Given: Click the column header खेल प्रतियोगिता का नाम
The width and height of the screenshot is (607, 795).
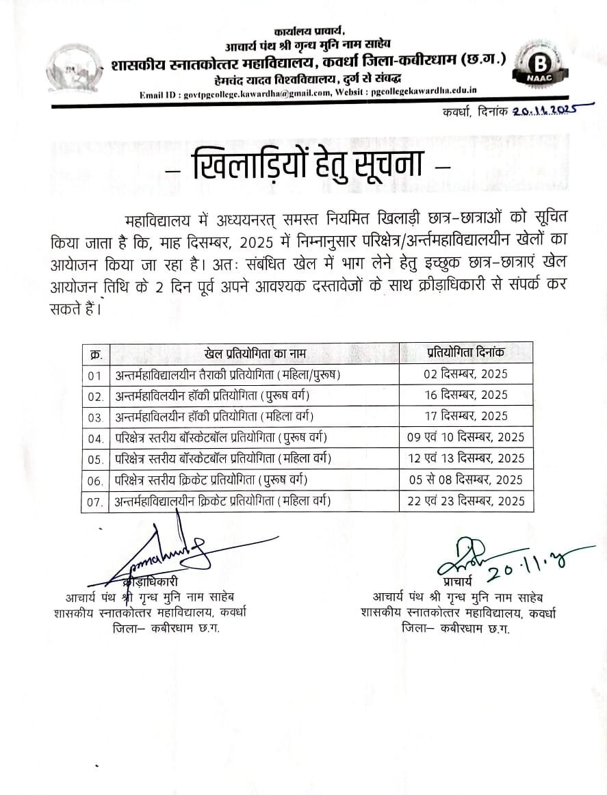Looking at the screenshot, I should pos(255,353).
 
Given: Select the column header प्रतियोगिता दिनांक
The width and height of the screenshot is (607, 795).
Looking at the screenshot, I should pos(465,353).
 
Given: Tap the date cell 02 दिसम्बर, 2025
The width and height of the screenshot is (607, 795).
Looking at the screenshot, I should pos(465,374).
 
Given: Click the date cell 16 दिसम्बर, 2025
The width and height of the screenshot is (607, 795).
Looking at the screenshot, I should pos(465,395).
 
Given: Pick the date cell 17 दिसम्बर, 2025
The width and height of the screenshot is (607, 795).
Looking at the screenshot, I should pos(465,416).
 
